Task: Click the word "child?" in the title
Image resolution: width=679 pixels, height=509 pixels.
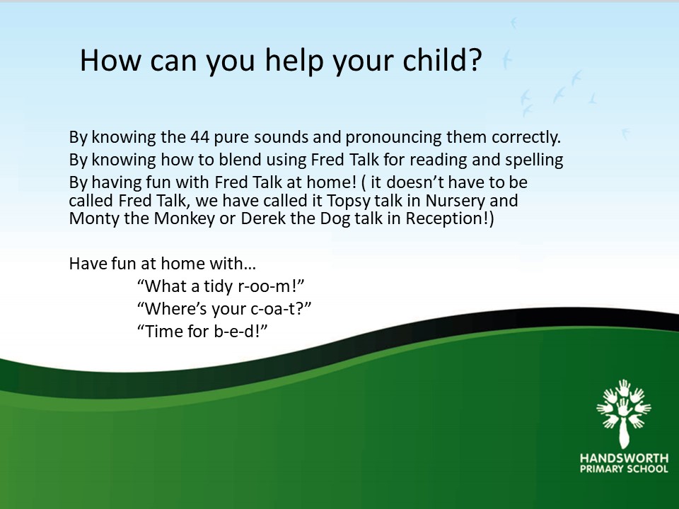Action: (x=442, y=60)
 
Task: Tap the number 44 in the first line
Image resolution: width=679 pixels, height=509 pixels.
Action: (x=199, y=137)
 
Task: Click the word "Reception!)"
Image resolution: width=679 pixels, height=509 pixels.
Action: (x=450, y=218)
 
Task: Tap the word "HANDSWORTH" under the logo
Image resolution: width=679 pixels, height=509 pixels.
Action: (x=624, y=458)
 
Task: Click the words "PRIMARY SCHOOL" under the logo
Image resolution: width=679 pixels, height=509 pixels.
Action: (x=624, y=469)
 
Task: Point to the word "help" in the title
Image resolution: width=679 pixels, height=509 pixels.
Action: (x=294, y=60)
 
